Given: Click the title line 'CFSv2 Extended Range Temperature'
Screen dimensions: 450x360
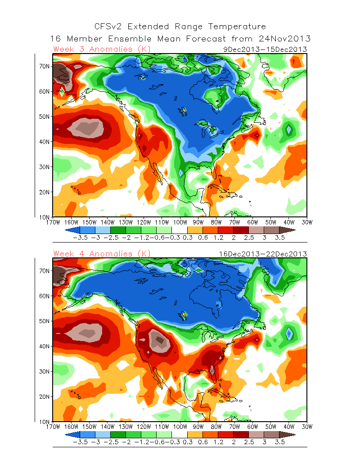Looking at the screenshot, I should pyautogui.click(x=180, y=27).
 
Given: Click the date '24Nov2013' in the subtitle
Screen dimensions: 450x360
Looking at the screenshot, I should pyautogui.click(x=285, y=39).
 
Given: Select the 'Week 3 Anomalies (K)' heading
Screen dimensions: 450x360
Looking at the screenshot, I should pyautogui.click(x=102, y=49).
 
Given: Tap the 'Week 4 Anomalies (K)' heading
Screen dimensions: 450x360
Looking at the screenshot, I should pyautogui.click(x=102, y=254).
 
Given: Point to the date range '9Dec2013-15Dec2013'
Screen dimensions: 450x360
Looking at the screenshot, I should pyautogui.click(x=265, y=49).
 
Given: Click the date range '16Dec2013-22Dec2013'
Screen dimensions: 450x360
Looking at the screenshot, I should pyautogui.click(x=263, y=254).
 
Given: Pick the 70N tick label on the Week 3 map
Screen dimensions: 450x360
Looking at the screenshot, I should pyautogui.click(x=44, y=66).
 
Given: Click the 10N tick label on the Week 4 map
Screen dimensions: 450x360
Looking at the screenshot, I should pyautogui.click(x=44, y=422).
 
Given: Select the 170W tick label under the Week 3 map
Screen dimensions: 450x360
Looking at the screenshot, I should pyautogui.click(x=53, y=222).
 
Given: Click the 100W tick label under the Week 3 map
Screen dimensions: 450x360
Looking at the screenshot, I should pyautogui.click(x=180, y=222).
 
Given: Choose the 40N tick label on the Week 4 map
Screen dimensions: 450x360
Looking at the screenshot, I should pyautogui.click(x=44, y=346).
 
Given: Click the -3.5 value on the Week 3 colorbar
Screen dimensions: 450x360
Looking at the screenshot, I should pyautogui.click(x=80, y=238).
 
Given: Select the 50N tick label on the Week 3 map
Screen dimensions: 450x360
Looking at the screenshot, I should pyautogui.click(x=44, y=117).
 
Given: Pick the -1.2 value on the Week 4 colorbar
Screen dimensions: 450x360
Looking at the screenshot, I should pyautogui.click(x=139, y=442).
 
